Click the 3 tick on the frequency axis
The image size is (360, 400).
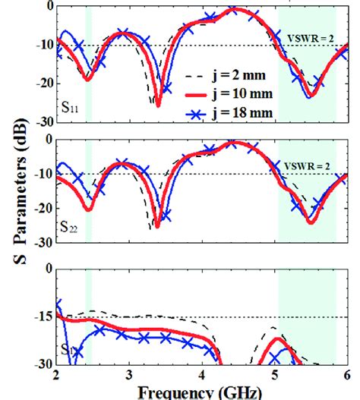(130, 376)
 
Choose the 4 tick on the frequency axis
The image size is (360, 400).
(202, 376)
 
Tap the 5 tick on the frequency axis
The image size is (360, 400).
(275, 376)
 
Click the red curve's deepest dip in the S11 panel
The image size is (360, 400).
(158, 104)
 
